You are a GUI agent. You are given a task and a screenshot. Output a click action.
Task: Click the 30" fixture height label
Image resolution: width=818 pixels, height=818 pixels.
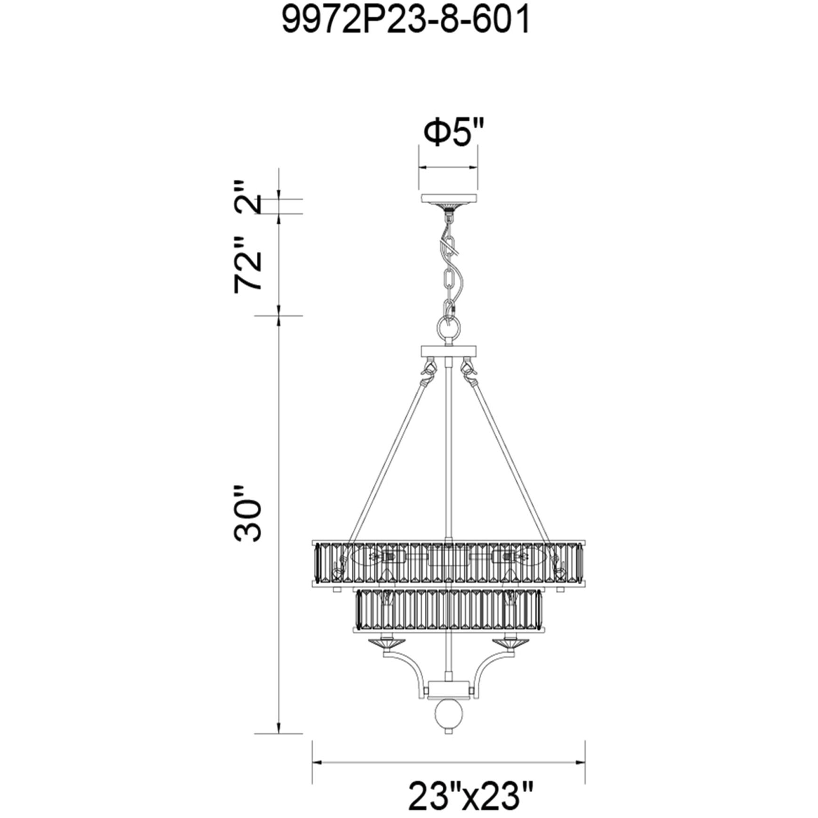[247, 514]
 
